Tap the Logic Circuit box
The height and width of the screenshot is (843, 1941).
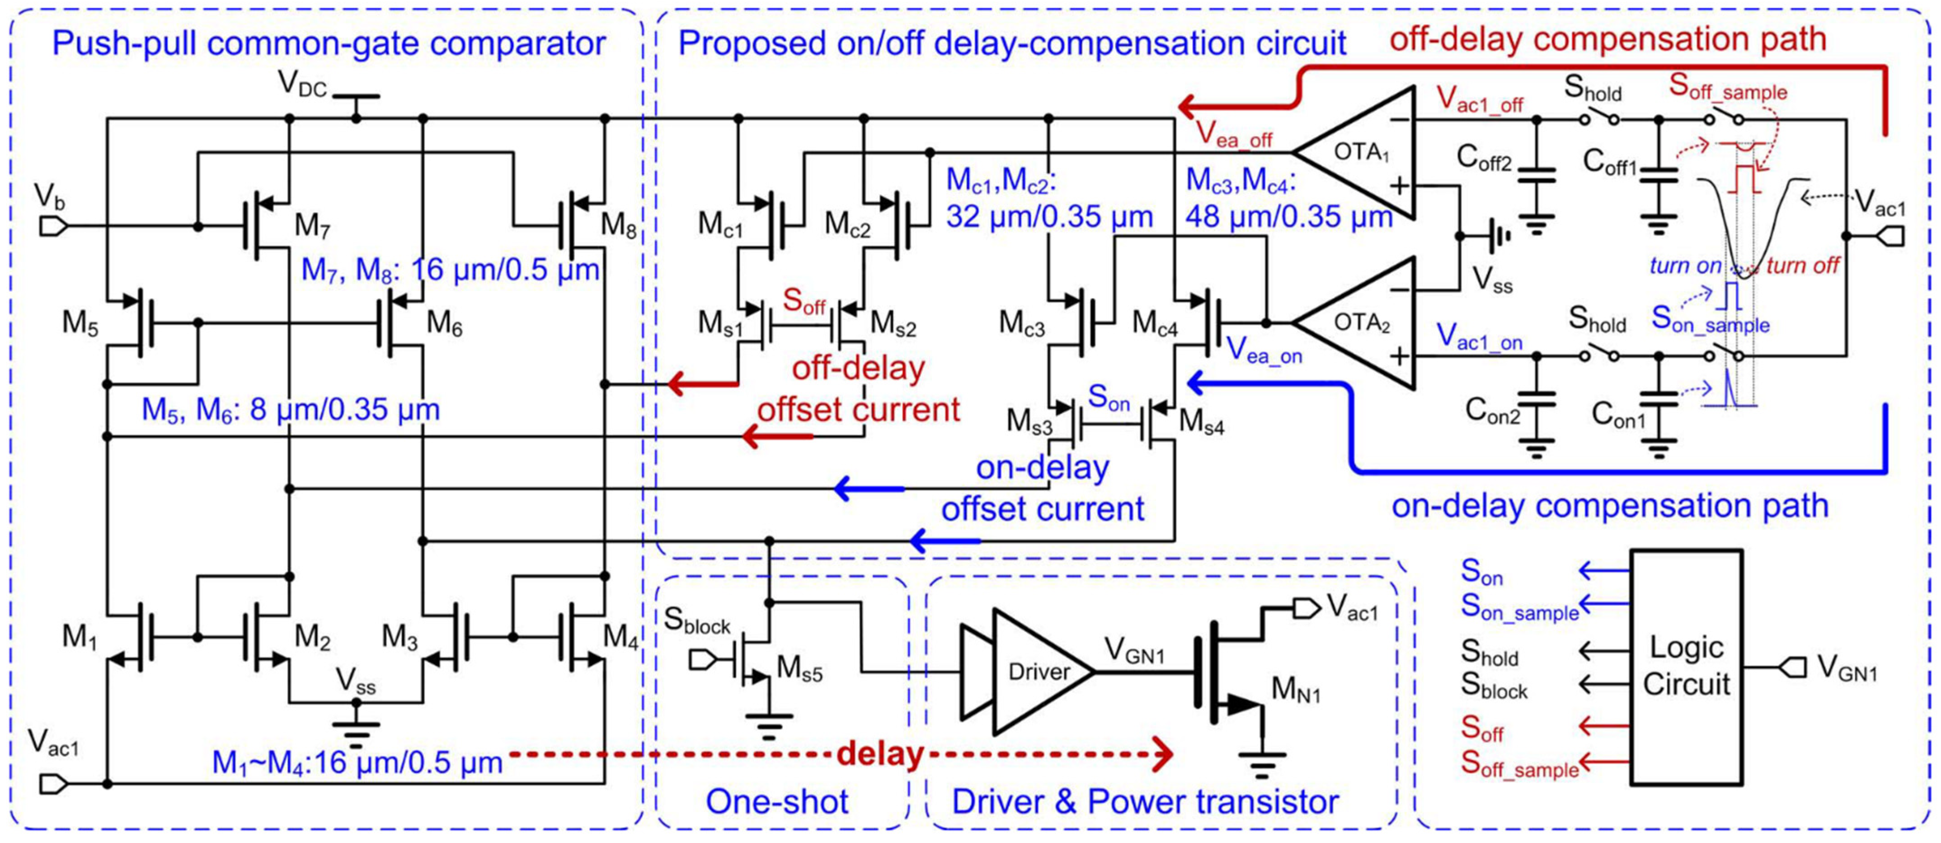click(1686, 668)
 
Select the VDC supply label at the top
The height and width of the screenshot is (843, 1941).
click(303, 85)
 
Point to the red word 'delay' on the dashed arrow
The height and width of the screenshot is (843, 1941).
click(880, 753)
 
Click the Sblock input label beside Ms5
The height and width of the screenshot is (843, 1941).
click(697, 620)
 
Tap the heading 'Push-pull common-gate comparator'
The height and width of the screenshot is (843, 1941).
click(329, 44)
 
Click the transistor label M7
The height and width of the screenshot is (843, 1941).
click(312, 226)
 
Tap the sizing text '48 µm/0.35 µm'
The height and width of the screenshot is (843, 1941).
click(1289, 217)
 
